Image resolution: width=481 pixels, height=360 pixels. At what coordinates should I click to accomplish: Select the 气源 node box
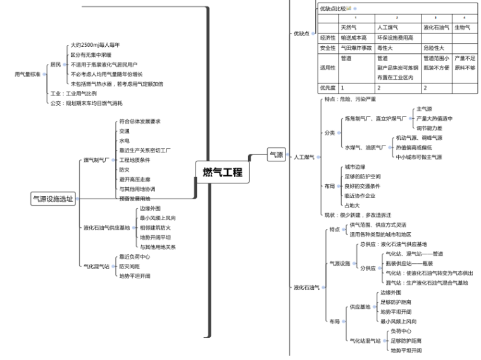click(x=276, y=154)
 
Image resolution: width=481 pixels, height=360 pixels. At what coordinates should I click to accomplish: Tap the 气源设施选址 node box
click(x=53, y=199)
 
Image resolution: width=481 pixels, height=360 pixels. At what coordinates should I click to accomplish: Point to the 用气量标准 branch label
click(x=27, y=74)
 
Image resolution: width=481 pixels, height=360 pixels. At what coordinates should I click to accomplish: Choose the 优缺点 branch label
click(x=302, y=34)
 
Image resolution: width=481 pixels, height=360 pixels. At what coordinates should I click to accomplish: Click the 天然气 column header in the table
click(x=349, y=27)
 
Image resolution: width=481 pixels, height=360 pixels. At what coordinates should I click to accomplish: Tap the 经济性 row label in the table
click(x=327, y=37)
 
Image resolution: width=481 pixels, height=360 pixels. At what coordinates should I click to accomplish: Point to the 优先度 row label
click(x=327, y=87)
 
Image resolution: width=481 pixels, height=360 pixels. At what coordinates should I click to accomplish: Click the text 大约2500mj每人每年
click(x=95, y=45)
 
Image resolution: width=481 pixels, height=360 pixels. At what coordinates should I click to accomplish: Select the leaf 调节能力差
click(x=429, y=127)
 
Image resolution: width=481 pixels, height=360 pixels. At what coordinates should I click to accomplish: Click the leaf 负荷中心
click(x=401, y=331)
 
